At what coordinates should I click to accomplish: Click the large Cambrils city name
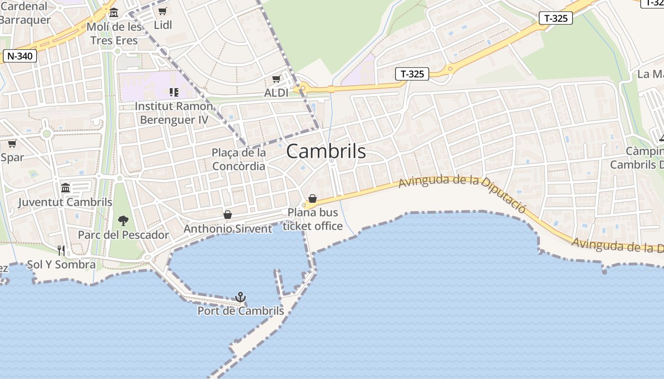(x=326, y=151)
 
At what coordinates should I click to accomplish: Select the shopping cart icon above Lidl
(x=163, y=11)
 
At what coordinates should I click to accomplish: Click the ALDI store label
(x=276, y=93)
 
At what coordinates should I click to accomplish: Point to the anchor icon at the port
(x=240, y=297)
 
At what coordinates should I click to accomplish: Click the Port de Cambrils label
(x=240, y=311)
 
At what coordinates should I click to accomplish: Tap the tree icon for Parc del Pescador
(x=123, y=220)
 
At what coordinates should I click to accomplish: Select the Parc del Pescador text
(x=123, y=235)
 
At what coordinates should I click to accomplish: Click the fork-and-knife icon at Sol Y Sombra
(x=61, y=250)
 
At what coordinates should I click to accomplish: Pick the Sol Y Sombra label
(x=61, y=264)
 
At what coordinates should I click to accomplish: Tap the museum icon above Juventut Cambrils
(x=65, y=188)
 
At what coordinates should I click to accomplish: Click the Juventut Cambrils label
(x=65, y=202)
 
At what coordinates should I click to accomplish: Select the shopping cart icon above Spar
(x=12, y=143)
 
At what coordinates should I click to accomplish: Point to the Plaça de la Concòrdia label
(x=239, y=159)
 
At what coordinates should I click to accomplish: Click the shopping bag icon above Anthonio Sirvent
(x=228, y=215)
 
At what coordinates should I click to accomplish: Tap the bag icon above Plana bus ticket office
(x=313, y=199)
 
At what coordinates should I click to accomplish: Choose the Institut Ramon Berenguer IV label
(x=174, y=113)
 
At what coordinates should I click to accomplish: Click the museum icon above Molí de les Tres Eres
(x=113, y=12)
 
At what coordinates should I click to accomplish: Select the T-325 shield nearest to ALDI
(x=412, y=74)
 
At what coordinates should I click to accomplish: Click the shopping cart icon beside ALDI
(x=276, y=79)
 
